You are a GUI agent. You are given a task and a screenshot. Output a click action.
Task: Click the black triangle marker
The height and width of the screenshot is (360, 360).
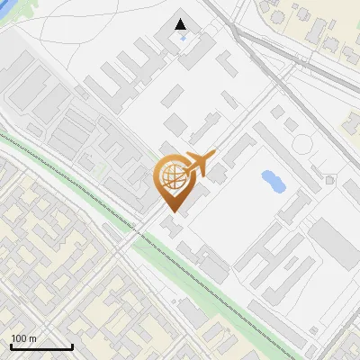pos(181,24)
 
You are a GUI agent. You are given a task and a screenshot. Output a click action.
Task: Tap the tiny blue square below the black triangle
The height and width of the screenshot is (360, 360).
pos(183,38)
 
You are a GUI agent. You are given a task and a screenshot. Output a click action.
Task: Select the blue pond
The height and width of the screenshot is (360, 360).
pos(273,181)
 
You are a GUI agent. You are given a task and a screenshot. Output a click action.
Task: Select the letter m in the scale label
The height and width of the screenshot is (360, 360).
pos(33,338)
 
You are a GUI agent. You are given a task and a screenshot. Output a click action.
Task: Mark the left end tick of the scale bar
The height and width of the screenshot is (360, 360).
pos(11,346)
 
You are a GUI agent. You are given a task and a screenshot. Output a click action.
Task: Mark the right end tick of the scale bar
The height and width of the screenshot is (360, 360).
pos(72,346)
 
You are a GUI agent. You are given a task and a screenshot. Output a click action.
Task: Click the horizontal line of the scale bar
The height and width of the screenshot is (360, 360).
pos(41,347)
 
